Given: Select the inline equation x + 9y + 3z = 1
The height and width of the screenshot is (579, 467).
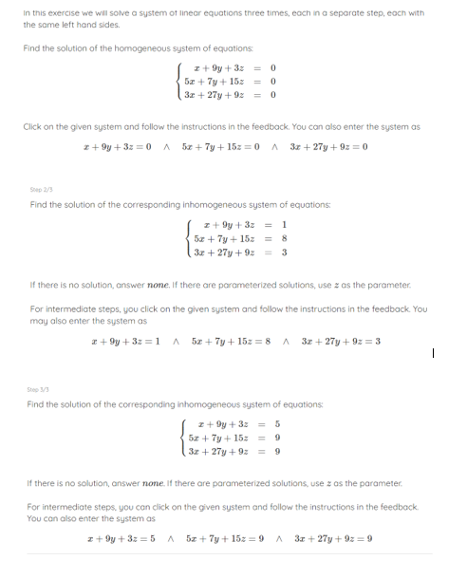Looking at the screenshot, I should pyautogui.click(x=117, y=341).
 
